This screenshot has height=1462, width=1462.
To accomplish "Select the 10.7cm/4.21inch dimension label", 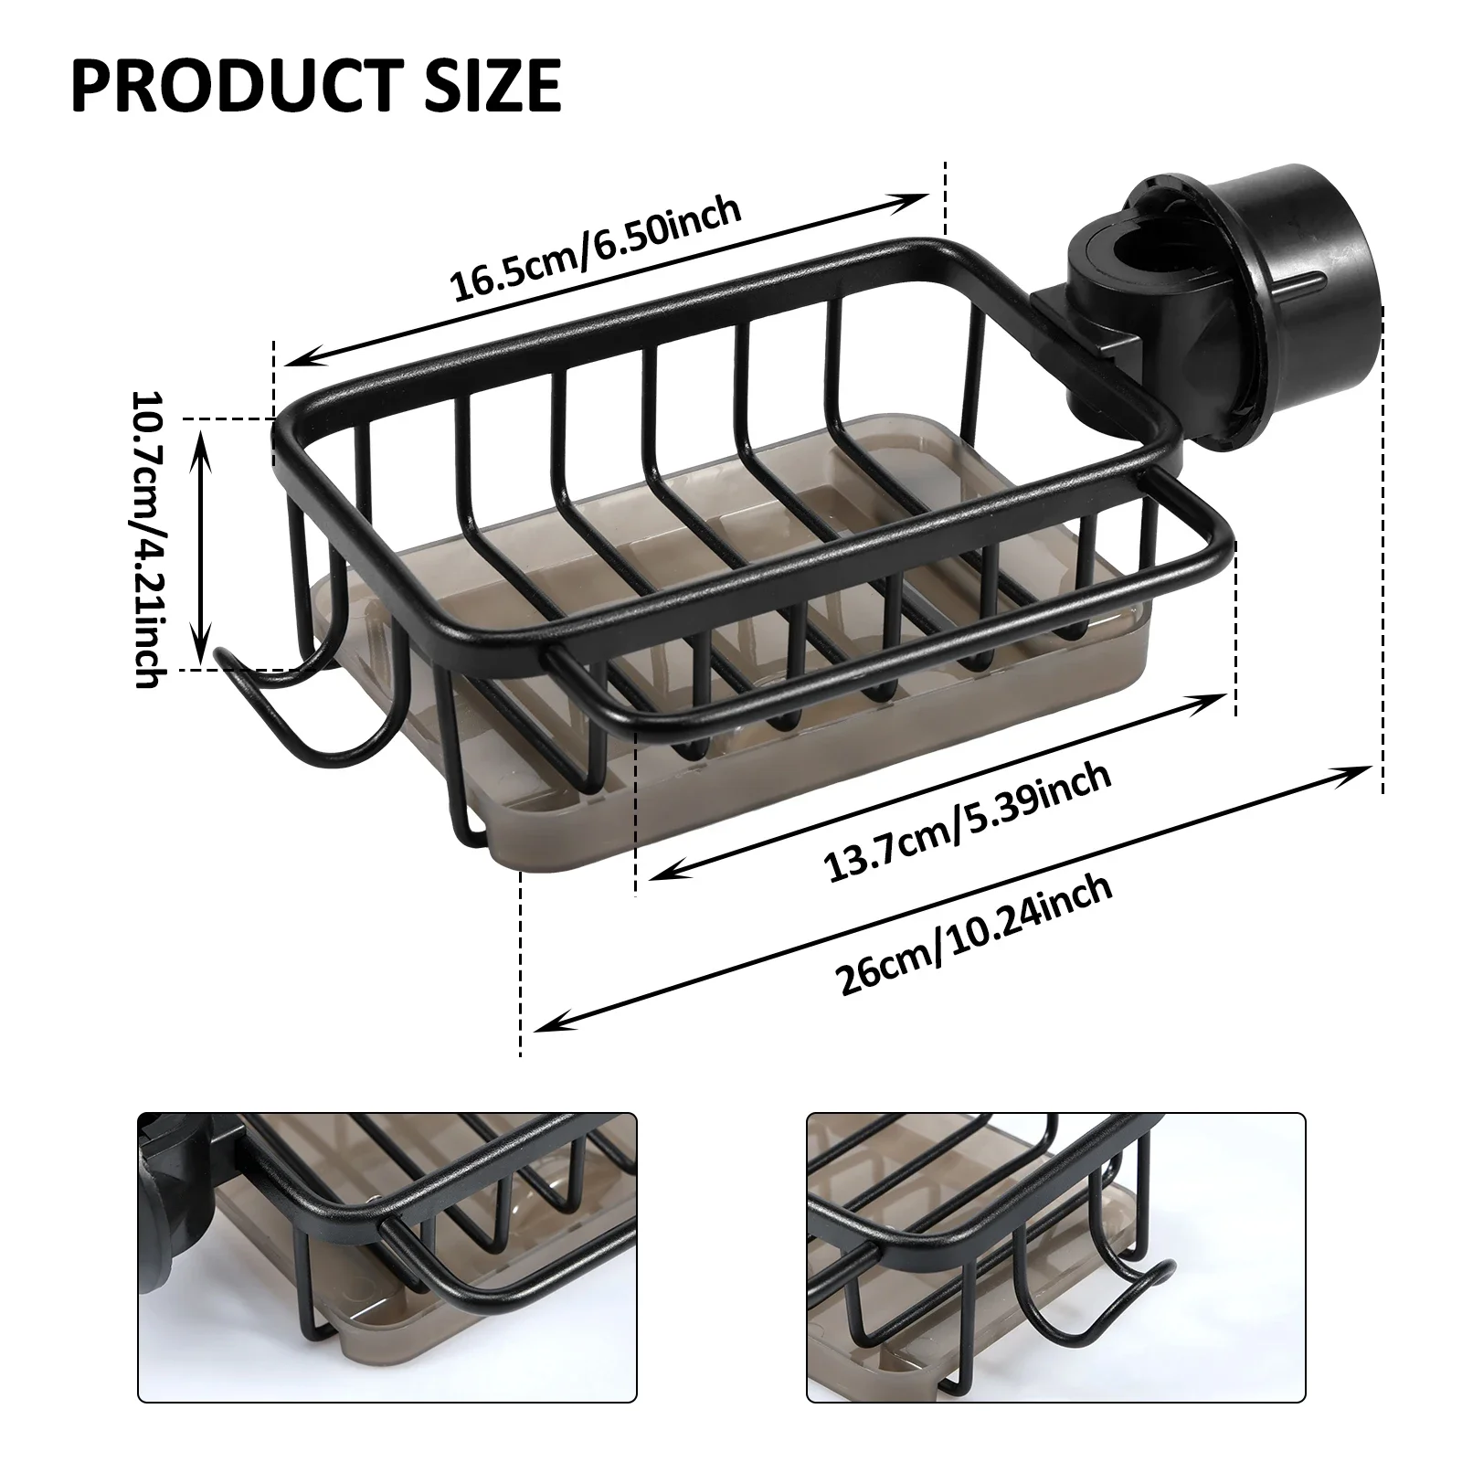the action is [x=149, y=540].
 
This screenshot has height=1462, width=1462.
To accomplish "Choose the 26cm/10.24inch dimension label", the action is [x=975, y=938].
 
